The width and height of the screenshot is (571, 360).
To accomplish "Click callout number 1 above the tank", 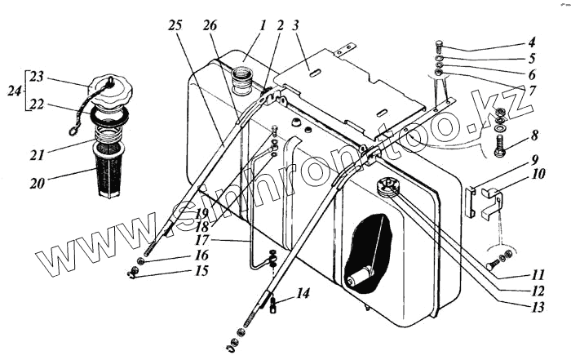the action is (263, 24).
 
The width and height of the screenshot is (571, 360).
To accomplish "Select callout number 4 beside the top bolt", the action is (530, 43).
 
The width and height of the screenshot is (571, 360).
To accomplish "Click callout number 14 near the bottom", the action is (303, 291).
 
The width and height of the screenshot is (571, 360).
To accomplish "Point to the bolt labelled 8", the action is (499, 148).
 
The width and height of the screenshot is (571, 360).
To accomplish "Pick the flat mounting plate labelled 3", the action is (351, 86).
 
